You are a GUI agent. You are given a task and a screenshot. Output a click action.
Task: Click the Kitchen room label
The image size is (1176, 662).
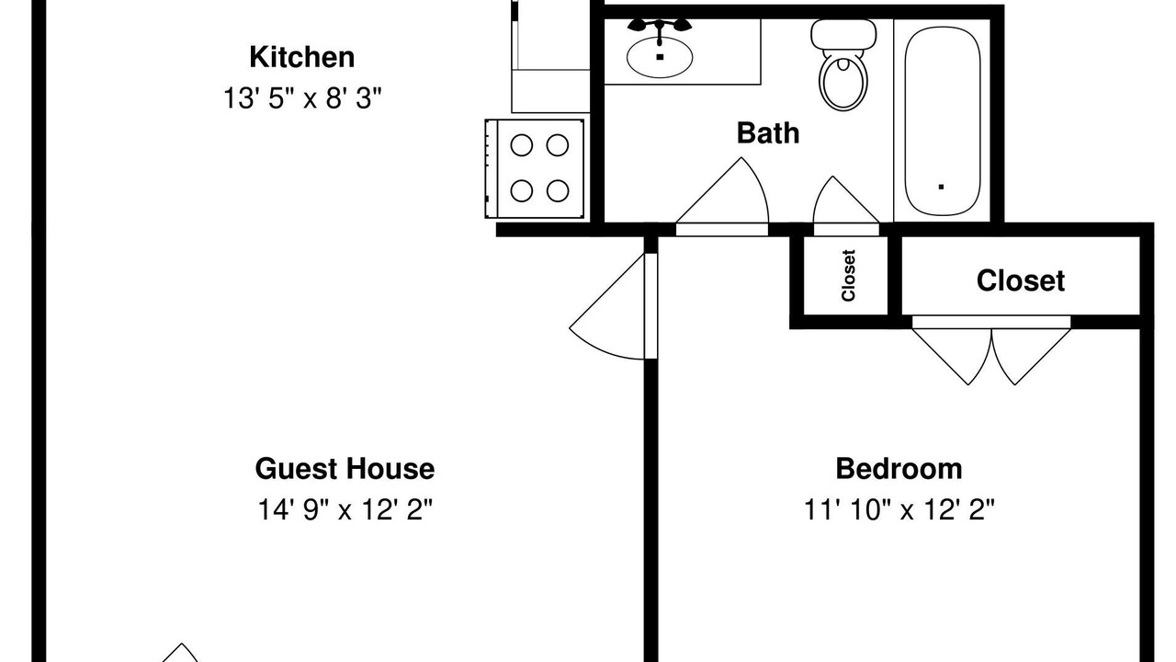(x=302, y=57)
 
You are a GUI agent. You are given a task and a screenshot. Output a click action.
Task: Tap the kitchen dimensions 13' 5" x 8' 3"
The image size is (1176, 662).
(x=302, y=97)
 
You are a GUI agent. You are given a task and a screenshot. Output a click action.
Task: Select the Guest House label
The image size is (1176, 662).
(x=345, y=469)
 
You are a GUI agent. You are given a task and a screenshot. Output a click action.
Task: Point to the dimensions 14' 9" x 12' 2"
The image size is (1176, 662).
(x=345, y=509)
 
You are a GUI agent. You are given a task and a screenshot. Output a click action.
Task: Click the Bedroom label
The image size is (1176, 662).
(x=899, y=469)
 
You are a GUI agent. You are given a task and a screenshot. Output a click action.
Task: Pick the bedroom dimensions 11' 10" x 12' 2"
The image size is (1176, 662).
(x=899, y=509)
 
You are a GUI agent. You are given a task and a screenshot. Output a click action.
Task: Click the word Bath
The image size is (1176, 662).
(x=768, y=133)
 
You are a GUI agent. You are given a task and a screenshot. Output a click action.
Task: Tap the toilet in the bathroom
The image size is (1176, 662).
(x=843, y=64)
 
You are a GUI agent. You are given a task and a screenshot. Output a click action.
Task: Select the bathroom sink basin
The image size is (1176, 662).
(x=660, y=57)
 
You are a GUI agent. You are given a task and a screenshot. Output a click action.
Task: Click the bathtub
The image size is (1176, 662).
(x=943, y=120)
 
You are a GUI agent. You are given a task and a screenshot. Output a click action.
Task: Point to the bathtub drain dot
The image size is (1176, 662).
(x=942, y=187)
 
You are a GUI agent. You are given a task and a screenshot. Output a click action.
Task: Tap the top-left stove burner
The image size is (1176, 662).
(x=521, y=145)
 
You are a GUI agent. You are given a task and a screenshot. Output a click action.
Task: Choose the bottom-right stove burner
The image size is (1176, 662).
(x=558, y=190)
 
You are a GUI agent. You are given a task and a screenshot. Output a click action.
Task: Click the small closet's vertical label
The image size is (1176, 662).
(x=848, y=275)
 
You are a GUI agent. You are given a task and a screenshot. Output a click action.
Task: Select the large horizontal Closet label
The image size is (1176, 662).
(x=1021, y=280)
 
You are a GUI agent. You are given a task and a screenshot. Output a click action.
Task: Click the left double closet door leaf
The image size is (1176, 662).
(x=945, y=358)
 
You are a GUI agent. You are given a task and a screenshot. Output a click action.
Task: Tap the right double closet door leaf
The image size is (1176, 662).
(x=1037, y=358)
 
